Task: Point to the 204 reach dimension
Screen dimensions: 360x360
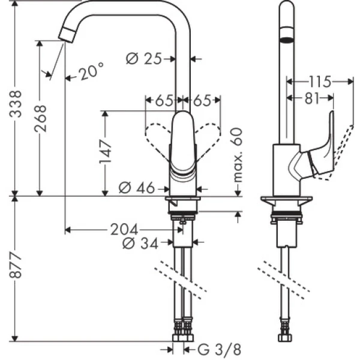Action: (x=123, y=229)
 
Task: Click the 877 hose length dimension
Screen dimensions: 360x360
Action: (x=14, y=269)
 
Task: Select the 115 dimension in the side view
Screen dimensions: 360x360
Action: (x=319, y=80)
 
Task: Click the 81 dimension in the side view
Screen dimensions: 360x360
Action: (x=311, y=98)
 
